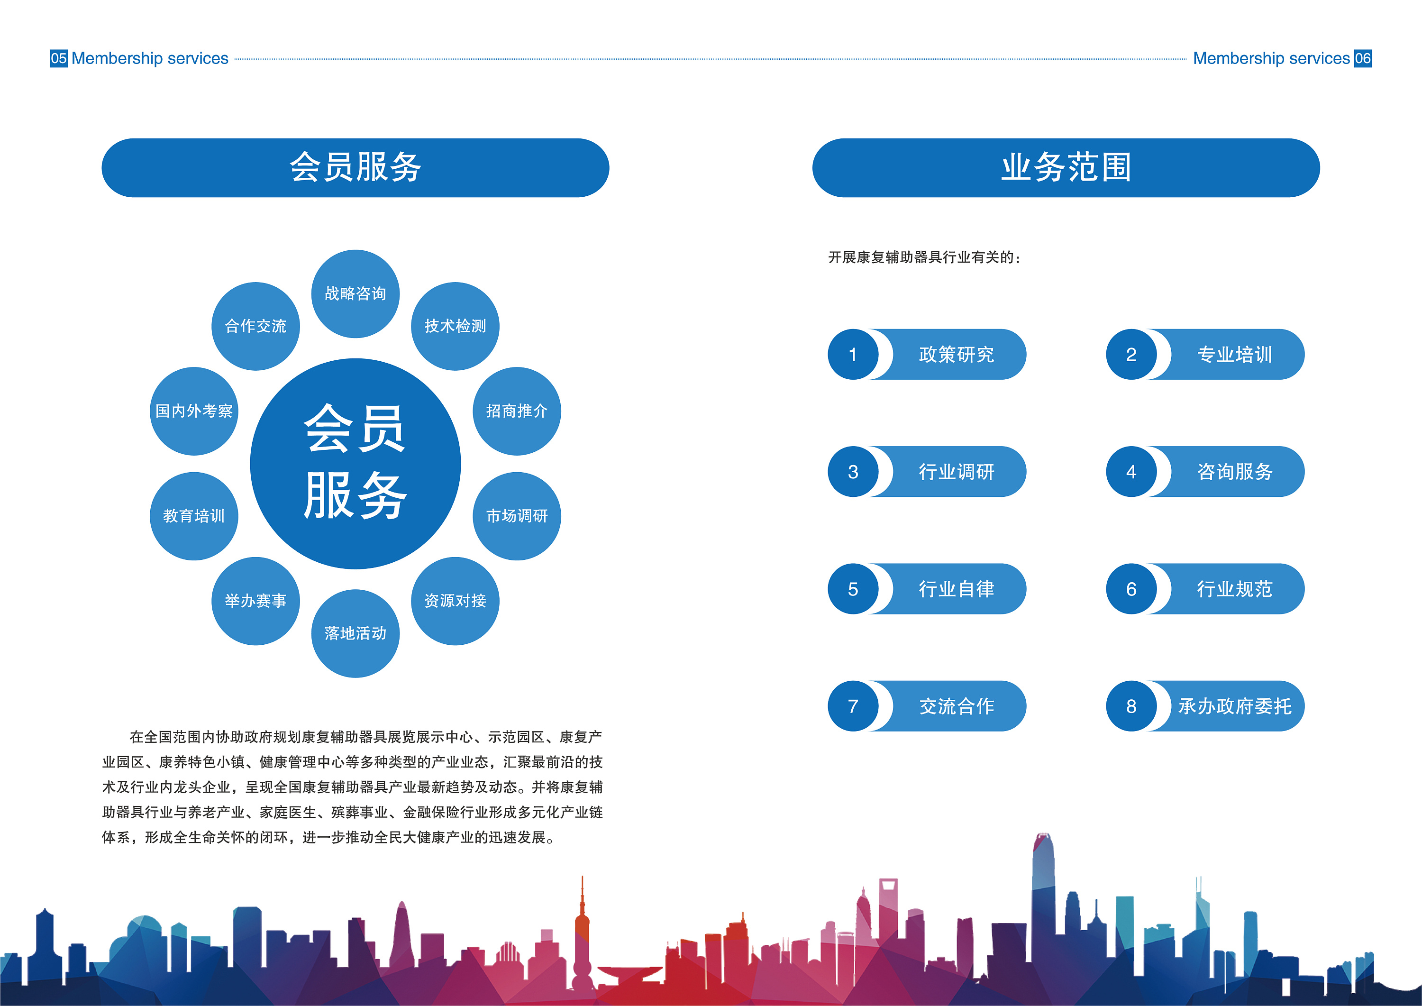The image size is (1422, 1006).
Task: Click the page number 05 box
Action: [59, 58]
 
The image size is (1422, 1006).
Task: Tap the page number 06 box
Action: [1363, 58]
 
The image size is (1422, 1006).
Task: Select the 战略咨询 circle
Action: [355, 293]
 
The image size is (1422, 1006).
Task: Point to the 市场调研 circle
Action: [517, 516]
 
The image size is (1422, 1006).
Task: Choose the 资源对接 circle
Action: [455, 601]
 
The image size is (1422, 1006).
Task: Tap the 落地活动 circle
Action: [355, 633]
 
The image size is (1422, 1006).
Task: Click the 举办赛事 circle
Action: [256, 601]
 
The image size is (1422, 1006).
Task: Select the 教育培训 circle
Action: [194, 516]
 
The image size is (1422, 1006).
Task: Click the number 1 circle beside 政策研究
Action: [853, 354]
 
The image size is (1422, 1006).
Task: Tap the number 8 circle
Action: [1131, 706]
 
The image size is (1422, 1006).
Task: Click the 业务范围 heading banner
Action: [1066, 168]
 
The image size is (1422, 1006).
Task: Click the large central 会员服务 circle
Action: [355, 463]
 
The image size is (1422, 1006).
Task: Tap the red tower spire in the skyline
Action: [582, 905]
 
